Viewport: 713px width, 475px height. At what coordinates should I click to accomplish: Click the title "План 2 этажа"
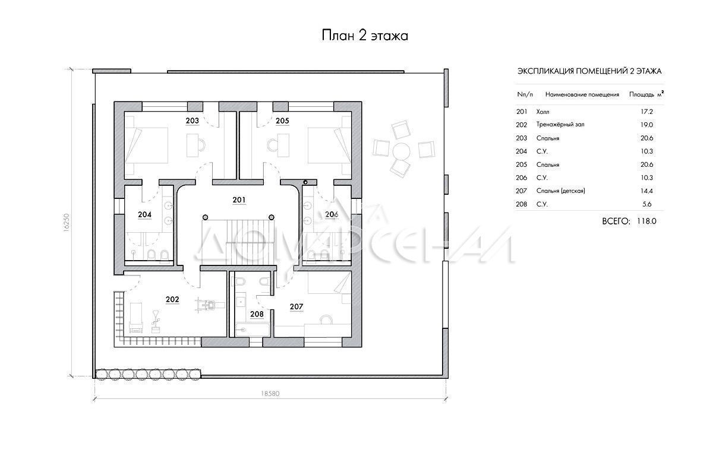click(x=365, y=35)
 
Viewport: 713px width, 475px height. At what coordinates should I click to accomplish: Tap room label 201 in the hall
click(x=239, y=200)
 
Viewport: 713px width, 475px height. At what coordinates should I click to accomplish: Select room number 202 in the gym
click(x=172, y=299)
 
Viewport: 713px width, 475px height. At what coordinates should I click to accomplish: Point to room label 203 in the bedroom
click(x=193, y=121)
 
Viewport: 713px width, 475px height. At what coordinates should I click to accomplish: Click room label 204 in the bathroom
click(x=145, y=215)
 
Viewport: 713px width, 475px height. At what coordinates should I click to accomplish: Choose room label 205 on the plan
click(x=282, y=121)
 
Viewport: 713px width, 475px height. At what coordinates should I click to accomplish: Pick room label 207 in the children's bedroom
click(x=296, y=307)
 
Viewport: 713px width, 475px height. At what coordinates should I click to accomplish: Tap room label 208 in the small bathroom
click(x=257, y=314)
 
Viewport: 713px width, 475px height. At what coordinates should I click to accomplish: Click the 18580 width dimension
click(x=270, y=394)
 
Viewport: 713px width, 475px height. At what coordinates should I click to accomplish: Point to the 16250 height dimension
click(x=66, y=222)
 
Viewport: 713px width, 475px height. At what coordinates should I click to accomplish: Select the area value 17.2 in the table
click(x=647, y=112)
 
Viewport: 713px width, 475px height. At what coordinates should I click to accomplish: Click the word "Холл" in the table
click(x=542, y=112)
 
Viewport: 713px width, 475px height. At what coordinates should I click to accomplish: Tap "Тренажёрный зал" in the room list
click(x=560, y=125)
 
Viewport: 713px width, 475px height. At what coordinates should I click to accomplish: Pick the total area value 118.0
click(x=646, y=221)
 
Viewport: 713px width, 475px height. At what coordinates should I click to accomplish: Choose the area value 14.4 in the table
click(x=647, y=191)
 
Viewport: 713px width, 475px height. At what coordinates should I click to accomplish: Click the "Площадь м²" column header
click(x=646, y=94)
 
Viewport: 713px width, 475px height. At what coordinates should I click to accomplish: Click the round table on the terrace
click(x=402, y=152)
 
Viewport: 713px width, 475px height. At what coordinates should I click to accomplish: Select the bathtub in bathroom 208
click(x=253, y=330)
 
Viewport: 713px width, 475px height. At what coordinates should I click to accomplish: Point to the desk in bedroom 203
click(x=192, y=145)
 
